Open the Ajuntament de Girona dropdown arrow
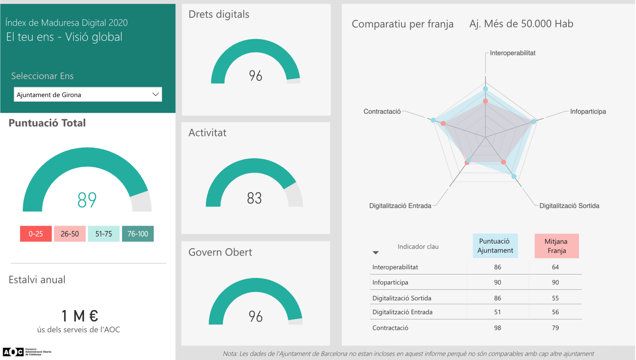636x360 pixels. pyautogui.click(x=156, y=94)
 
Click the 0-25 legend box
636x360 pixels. pyautogui.click(x=36, y=234)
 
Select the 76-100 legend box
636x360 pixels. pyautogui.click(x=138, y=234)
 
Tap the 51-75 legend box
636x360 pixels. pyautogui.click(x=103, y=234)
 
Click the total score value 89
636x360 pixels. pyautogui.click(x=87, y=200)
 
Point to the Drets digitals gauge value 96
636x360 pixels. pyautogui.click(x=256, y=76)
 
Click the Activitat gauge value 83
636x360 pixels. pyautogui.click(x=254, y=198)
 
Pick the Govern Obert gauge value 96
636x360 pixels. pyautogui.click(x=256, y=317)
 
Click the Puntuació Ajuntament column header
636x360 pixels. pyautogui.click(x=495, y=246)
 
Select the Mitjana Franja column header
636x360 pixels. pyautogui.click(x=556, y=246)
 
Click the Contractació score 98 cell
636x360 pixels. pyautogui.click(x=497, y=328)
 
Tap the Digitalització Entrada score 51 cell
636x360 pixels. pyautogui.click(x=497, y=312)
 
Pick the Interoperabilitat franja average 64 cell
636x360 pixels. pyautogui.click(x=555, y=267)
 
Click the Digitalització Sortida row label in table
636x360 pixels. pyautogui.click(x=402, y=298)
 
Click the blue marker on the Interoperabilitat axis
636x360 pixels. pyautogui.click(x=485, y=89)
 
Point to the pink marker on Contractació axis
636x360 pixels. pyautogui.click(x=443, y=124)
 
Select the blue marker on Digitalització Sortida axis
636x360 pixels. pyautogui.click(x=514, y=177)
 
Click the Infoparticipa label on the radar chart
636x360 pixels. pyautogui.click(x=588, y=111)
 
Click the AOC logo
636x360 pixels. pyautogui.click(x=13, y=352)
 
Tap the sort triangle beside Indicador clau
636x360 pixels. pyautogui.click(x=375, y=253)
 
